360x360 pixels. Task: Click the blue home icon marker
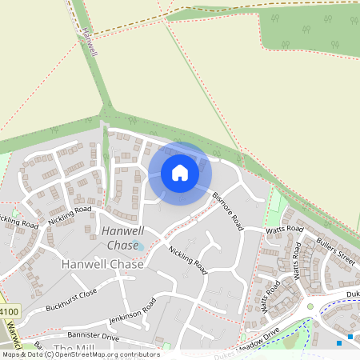coord(180,173)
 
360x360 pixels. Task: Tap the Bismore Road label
coord(228,210)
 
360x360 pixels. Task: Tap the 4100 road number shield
coord(7,310)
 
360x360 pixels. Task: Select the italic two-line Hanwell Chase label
coord(122,238)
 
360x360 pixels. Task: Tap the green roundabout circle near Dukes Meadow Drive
coord(310,306)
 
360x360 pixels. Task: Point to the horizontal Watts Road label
coord(286,230)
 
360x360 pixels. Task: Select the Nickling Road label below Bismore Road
coord(188,261)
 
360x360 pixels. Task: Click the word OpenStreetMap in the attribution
coord(88,354)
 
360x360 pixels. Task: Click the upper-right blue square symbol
coord(350,337)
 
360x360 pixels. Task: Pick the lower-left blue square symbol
coord(339,343)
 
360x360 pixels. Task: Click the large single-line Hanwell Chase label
coord(102,264)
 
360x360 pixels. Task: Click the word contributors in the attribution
coord(140,354)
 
